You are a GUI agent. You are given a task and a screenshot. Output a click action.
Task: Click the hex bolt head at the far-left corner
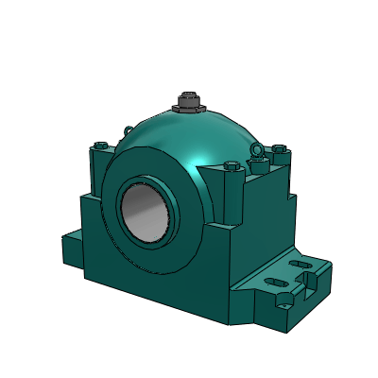pyautogui.click(x=99, y=146)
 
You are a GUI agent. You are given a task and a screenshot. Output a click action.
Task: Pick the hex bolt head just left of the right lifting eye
pyautogui.click(x=232, y=168)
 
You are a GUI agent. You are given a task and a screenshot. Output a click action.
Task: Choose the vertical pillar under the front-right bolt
pyautogui.click(x=233, y=203)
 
